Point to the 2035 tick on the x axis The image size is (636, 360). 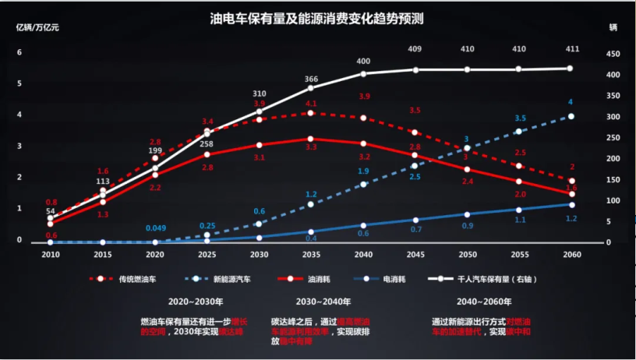311,254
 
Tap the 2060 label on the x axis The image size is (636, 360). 572,254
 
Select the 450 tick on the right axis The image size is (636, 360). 613,54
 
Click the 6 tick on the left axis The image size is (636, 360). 19,52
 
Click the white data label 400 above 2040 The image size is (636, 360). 363,61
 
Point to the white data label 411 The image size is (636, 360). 572,49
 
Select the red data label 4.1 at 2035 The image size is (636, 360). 311,104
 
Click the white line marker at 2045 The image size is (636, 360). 415,70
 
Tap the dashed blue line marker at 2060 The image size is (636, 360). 571,116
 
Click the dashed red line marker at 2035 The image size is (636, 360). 311,114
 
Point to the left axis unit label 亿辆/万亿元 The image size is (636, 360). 38,26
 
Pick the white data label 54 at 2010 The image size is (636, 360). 51,211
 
